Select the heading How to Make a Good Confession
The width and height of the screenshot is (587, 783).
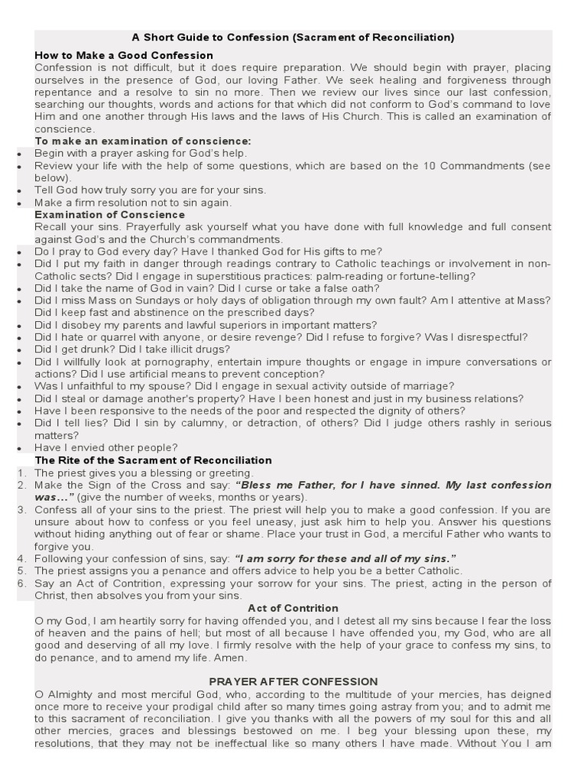tap(124, 56)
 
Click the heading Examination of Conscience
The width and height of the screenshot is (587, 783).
tap(109, 215)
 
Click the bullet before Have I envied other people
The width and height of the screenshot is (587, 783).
tap(19, 448)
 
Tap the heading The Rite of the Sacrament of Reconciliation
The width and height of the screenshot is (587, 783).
tap(153, 460)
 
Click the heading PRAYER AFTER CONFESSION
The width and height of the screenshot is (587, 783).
tap(293, 681)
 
